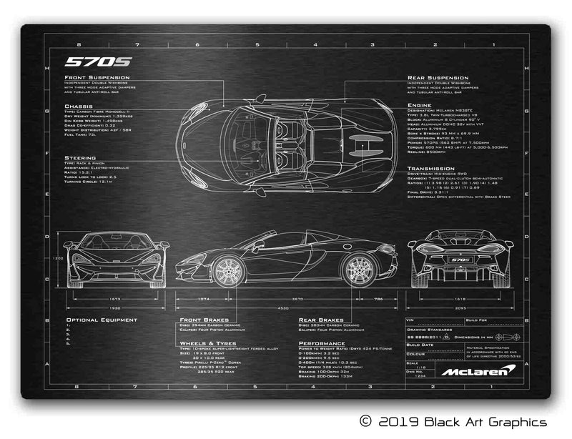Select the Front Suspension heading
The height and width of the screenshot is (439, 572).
[x=98, y=77]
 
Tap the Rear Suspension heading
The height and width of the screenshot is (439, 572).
[x=438, y=77]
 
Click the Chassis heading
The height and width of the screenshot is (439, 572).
[x=77, y=107]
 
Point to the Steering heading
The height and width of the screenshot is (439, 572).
[x=79, y=157]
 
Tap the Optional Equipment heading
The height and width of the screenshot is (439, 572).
[x=102, y=320]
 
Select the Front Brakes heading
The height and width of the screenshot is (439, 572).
[x=204, y=320]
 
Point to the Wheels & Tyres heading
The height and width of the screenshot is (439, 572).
[x=208, y=343]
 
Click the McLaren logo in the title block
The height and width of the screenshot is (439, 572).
[x=476, y=370]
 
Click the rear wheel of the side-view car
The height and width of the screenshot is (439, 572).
[x=357, y=270]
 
